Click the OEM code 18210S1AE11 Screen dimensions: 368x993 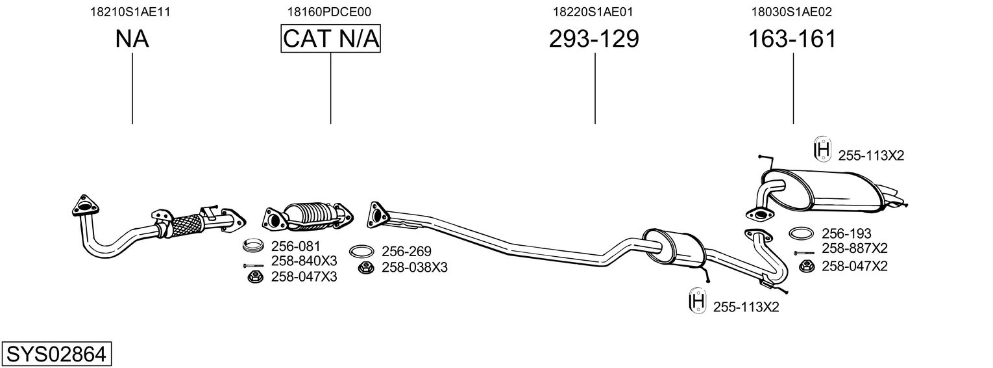pos(132,12)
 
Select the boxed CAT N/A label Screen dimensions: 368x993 pos(330,39)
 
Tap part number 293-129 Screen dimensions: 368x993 pos(594,39)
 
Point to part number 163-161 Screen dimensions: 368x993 pos(792,39)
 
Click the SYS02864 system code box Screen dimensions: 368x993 pos(56,354)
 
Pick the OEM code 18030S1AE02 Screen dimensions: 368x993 pos(792,12)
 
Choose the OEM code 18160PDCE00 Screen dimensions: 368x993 pos(330,12)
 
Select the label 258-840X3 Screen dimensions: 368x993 pos(304,261)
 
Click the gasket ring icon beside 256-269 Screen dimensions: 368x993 pos(361,252)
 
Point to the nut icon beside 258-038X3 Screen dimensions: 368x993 pos(365,267)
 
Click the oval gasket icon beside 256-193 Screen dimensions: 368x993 pos(802,233)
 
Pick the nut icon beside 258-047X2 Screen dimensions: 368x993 pos(806,266)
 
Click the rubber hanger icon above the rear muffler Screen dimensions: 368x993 pos(822,150)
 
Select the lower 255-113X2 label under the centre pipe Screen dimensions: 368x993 pos(746,307)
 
